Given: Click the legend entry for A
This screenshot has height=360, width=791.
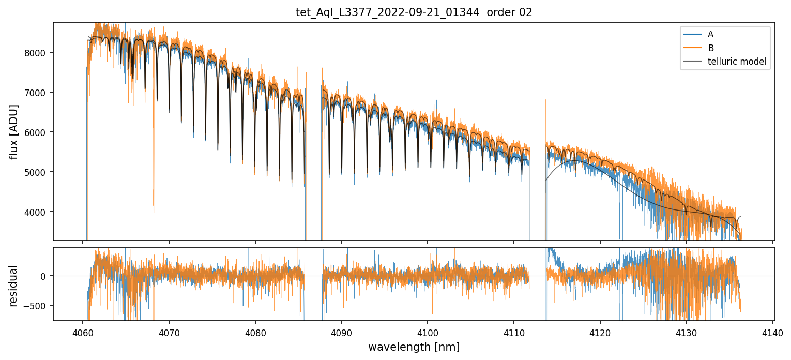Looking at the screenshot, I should (x=710, y=34).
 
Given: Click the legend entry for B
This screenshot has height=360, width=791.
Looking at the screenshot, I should (x=710, y=48).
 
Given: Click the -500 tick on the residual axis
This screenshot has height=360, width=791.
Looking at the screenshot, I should (x=36, y=306).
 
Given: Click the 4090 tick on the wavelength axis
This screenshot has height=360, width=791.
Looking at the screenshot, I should (x=341, y=332).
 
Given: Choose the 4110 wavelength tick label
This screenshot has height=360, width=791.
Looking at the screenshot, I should (x=513, y=332).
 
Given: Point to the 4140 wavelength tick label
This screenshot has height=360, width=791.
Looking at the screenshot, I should (x=772, y=332).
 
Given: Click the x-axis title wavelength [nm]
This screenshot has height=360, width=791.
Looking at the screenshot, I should (x=414, y=347).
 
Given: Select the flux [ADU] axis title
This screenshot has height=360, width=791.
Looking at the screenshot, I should (x=14, y=131).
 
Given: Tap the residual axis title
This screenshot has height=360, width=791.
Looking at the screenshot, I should (x=14, y=286).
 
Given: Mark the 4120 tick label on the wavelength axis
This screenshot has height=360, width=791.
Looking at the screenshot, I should (x=600, y=332).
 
